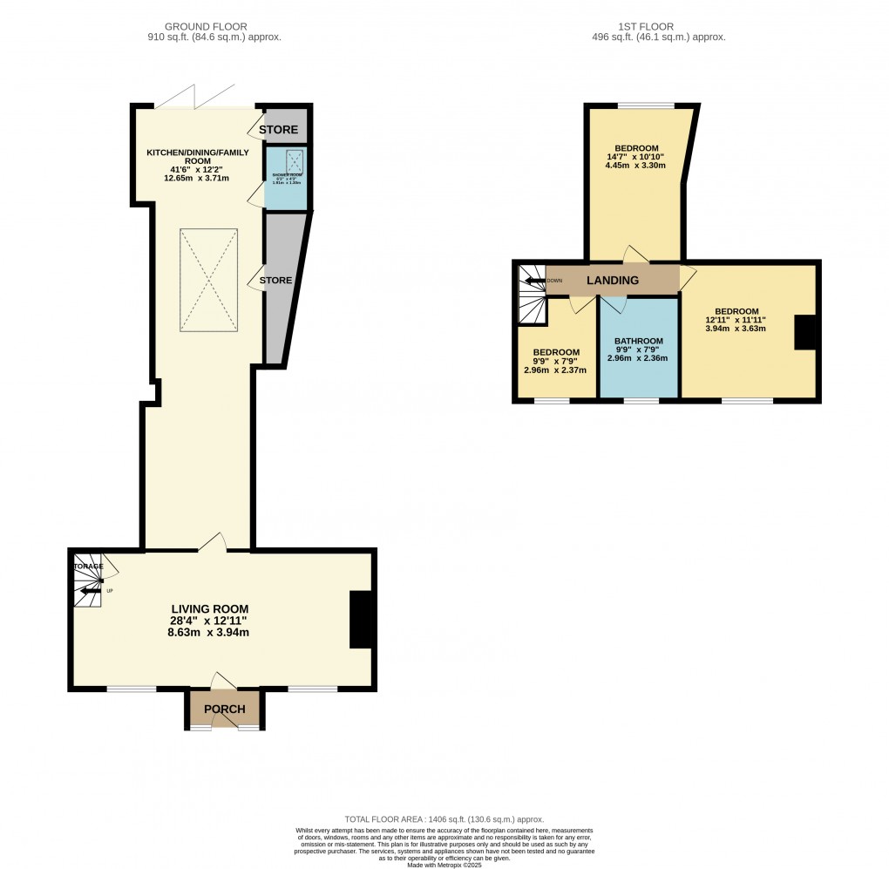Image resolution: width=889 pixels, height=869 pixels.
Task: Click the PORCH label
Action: pos(224,709)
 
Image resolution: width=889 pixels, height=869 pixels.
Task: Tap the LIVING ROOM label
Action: pos(210,609)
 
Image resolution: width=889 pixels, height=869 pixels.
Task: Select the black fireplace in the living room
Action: pos(360,620)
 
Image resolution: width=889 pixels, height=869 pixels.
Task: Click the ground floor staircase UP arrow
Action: pos(87,592)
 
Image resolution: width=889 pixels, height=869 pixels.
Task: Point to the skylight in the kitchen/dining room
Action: pos(209,280)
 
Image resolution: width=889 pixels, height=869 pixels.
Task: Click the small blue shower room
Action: pos(286,179)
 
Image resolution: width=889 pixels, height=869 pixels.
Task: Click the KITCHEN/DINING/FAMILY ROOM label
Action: pos(198,157)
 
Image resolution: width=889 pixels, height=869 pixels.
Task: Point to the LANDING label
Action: pos(612,280)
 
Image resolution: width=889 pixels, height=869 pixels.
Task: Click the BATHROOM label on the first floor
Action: pos(638,341)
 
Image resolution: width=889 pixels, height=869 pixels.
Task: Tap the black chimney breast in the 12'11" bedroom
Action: pos(804,332)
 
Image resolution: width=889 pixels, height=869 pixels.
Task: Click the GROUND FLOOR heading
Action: pos(214,27)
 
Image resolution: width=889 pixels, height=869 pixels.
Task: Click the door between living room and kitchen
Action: pos(212,545)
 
